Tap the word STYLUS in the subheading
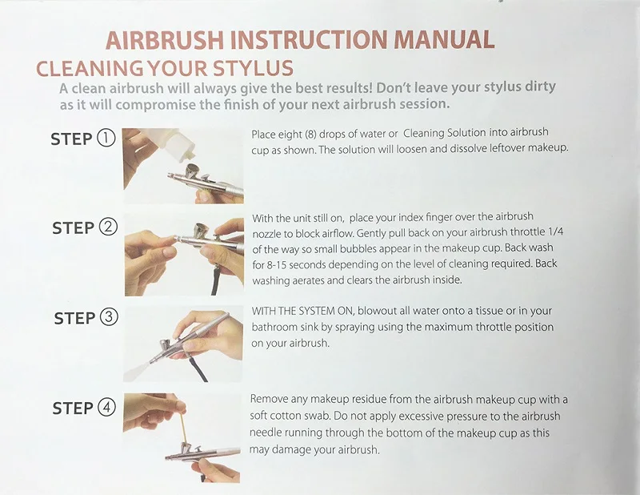(254, 68)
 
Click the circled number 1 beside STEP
(106, 138)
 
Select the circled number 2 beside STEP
(108, 227)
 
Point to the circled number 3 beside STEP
(109, 316)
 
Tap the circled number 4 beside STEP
(107, 407)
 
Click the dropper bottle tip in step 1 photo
(189, 155)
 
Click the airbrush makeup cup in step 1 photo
(194, 171)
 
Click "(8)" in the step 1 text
(310, 134)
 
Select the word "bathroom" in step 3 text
(274, 327)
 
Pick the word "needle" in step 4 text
(265, 433)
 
